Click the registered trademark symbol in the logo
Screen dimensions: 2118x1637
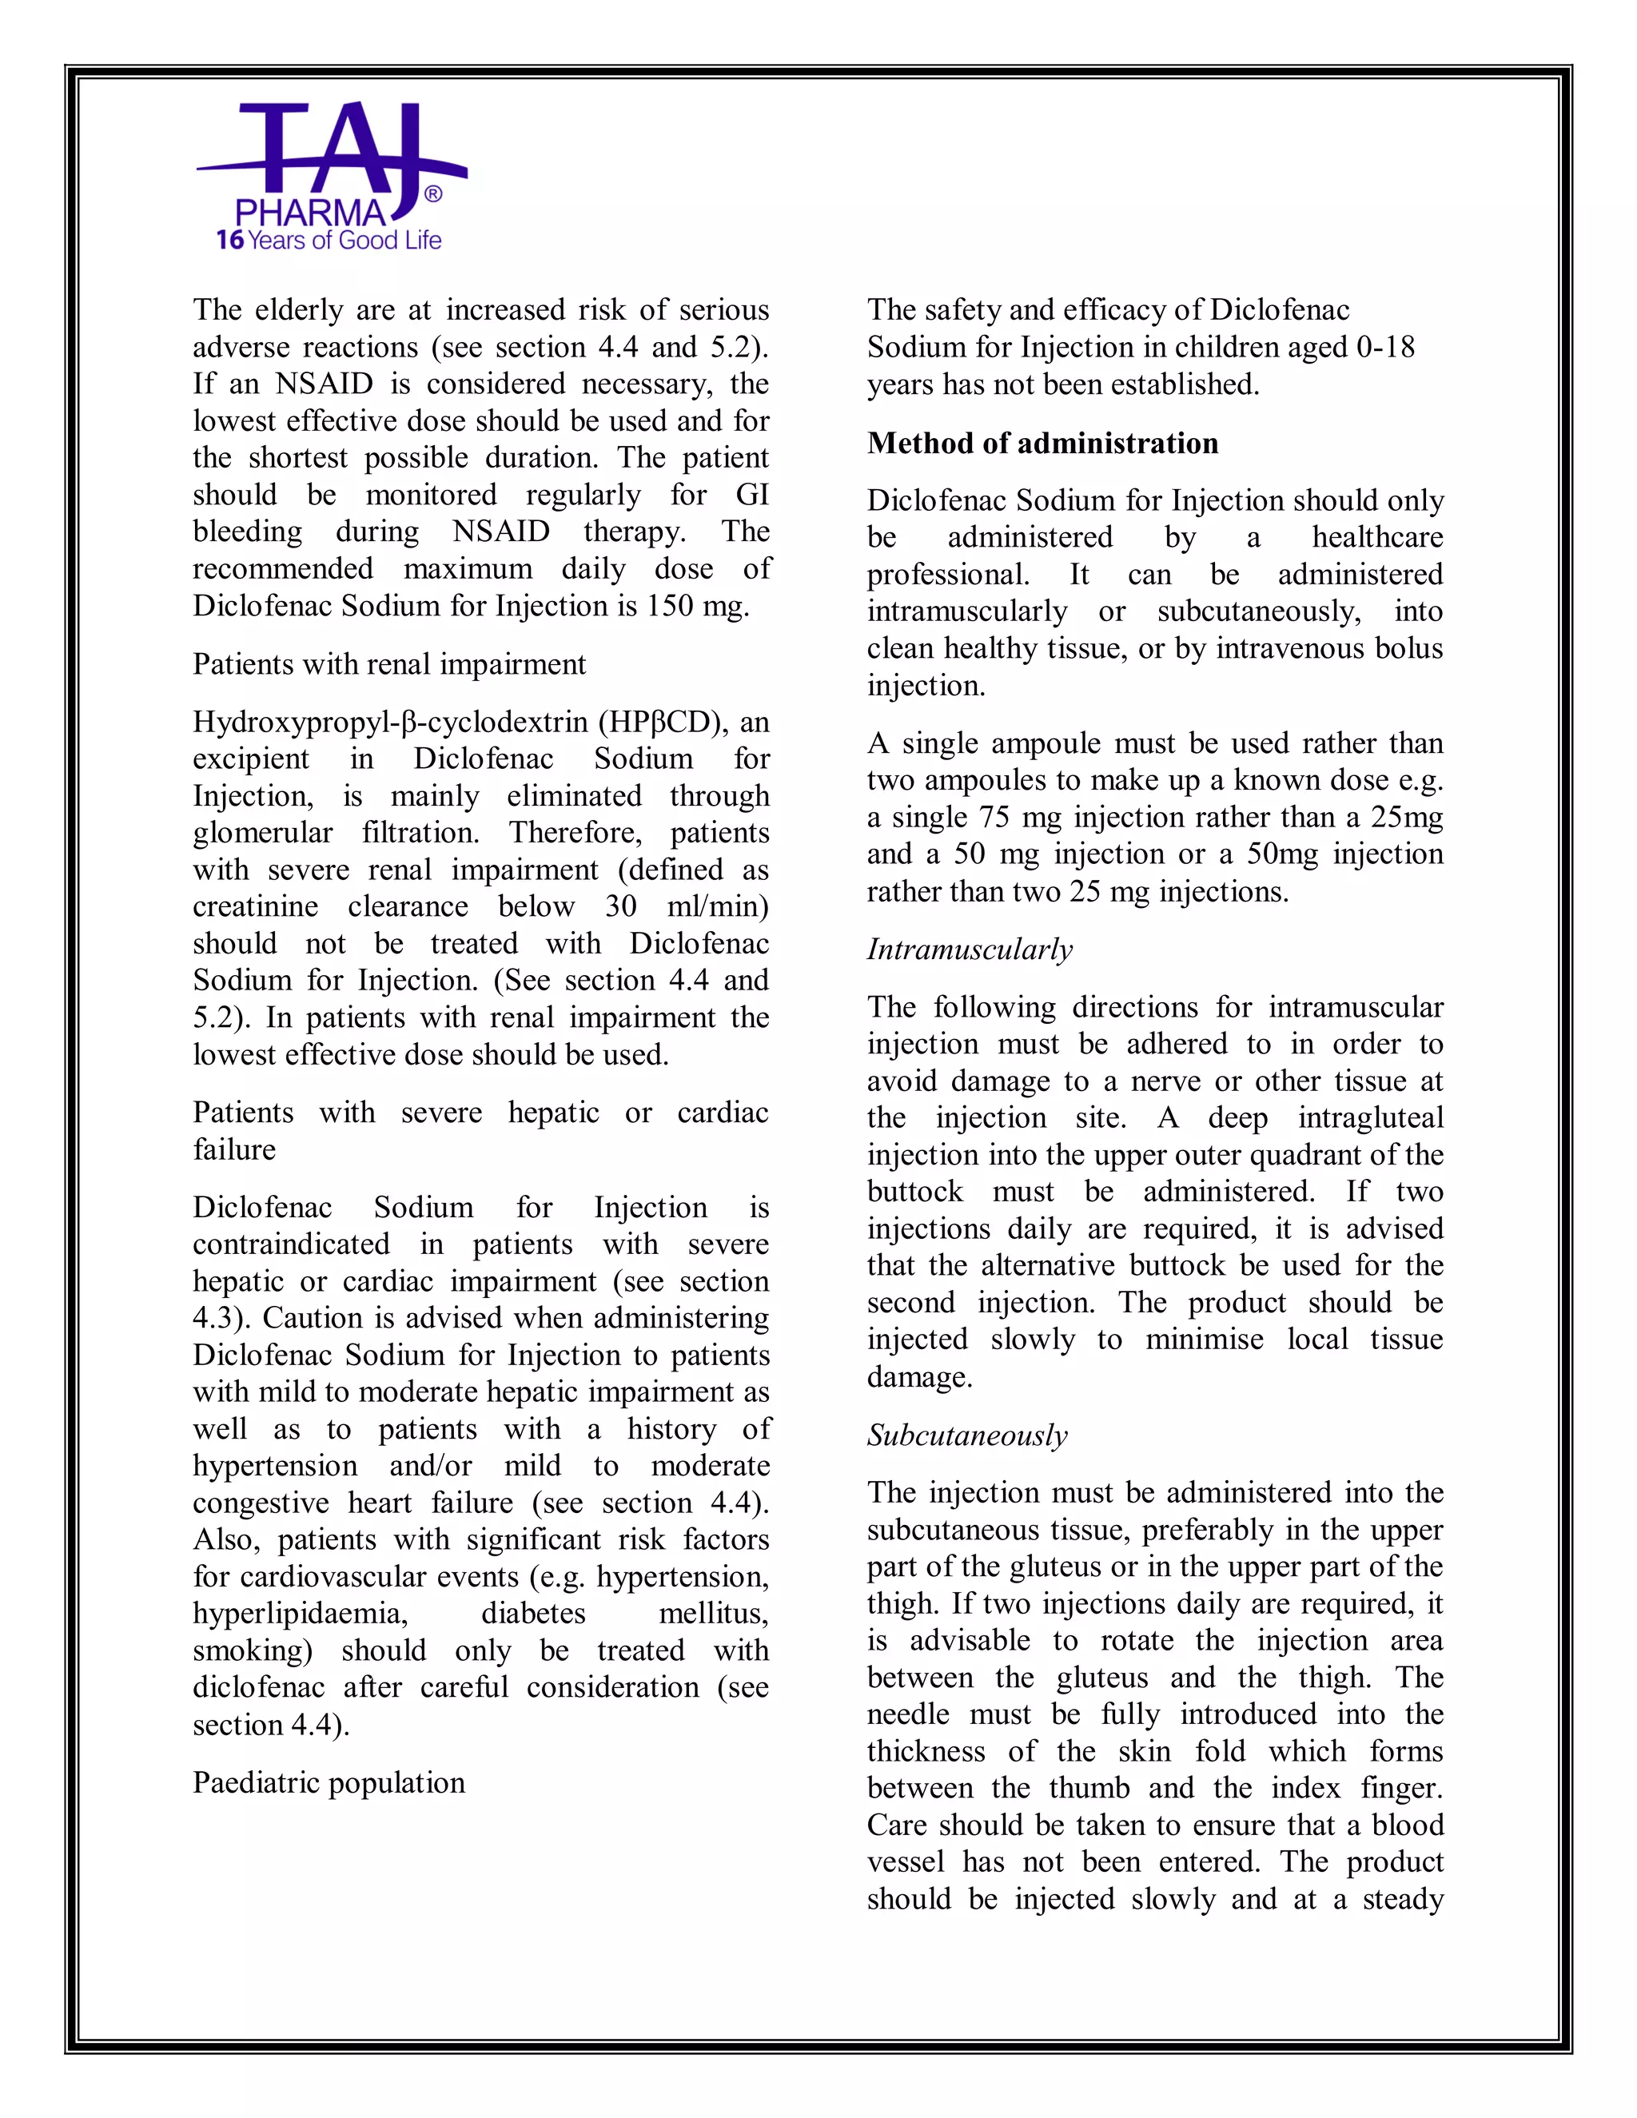tap(432, 194)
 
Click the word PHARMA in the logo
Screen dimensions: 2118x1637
tap(309, 213)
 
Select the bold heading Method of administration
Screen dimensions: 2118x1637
tap(1042, 444)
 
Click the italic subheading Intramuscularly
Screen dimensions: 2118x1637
tap(970, 950)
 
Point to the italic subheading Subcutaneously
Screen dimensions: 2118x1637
tap(967, 1435)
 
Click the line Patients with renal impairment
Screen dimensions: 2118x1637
tap(389, 664)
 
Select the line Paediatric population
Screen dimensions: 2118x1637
tap(329, 1782)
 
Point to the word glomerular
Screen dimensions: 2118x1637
tap(262, 833)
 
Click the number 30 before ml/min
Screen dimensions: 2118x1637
tap(620, 907)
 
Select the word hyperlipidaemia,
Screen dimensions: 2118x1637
tap(300, 1614)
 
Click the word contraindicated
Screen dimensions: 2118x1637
tap(291, 1244)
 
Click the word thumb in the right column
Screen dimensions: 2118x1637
tap(1089, 1787)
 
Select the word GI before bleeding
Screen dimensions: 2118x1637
tap(751, 496)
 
